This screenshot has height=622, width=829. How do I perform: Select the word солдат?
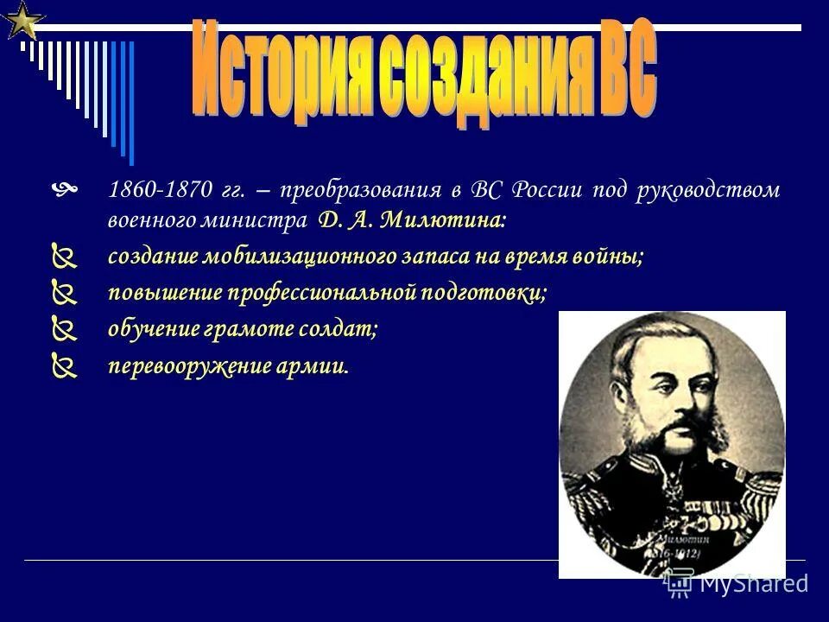click(345, 329)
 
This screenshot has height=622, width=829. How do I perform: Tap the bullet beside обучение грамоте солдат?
click(64, 330)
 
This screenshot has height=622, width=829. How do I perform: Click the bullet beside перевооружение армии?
click(64, 367)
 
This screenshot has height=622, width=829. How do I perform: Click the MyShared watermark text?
click(752, 583)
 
